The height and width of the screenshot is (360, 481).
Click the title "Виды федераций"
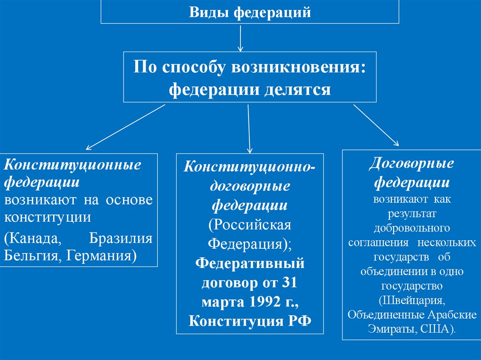[250, 12]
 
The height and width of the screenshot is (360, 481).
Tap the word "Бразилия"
[121, 237]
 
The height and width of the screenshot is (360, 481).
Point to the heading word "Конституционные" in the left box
[73, 165]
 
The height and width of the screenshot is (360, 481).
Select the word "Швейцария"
[412, 299]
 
